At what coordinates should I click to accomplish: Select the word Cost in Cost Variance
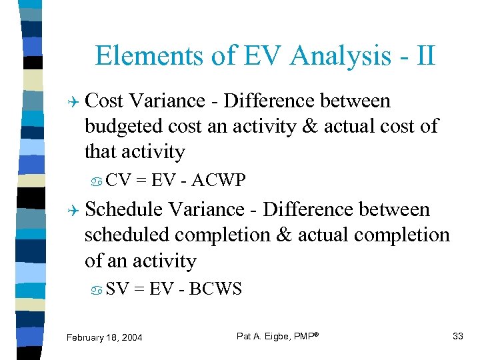click(105, 101)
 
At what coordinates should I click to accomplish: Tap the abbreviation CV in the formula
click(119, 181)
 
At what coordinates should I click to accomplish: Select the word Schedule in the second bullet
click(124, 210)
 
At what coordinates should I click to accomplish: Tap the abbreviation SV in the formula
click(118, 289)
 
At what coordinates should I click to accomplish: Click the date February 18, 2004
click(104, 337)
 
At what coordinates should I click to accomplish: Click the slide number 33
click(457, 336)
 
